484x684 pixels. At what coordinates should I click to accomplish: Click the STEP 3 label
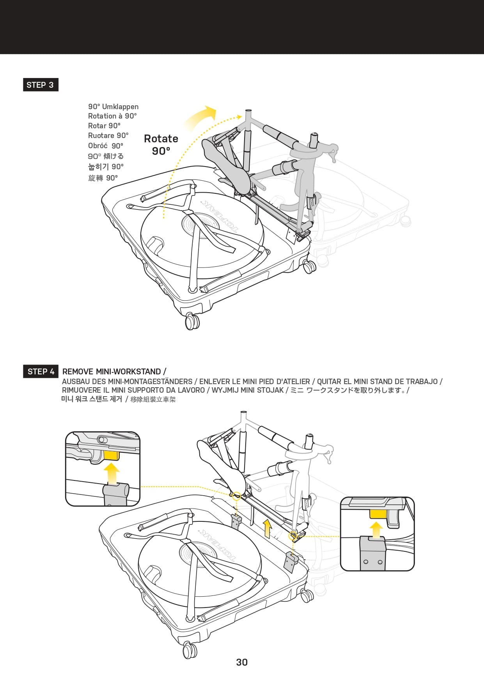[x=40, y=85]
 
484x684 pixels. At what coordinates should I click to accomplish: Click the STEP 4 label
[x=41, y=372]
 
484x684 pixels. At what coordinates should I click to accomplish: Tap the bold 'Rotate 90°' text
[x=161, y=145]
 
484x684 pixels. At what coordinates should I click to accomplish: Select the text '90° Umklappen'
[x=113, y=107]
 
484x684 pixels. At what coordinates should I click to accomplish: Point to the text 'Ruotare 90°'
[x=108, y=136]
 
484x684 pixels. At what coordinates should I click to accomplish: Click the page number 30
[x=242, y=662]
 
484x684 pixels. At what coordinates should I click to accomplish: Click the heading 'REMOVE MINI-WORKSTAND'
[x=112, y=372]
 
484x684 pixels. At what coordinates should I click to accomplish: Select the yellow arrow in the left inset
[x=112, y=473]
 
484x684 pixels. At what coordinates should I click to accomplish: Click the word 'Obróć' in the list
[x=98, y=146]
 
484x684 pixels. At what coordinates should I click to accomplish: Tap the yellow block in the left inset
[x=111, y=455]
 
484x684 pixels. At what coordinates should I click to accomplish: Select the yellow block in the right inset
[x=378, y=514]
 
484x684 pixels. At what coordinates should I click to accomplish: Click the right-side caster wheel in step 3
[x=310, y=267]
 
